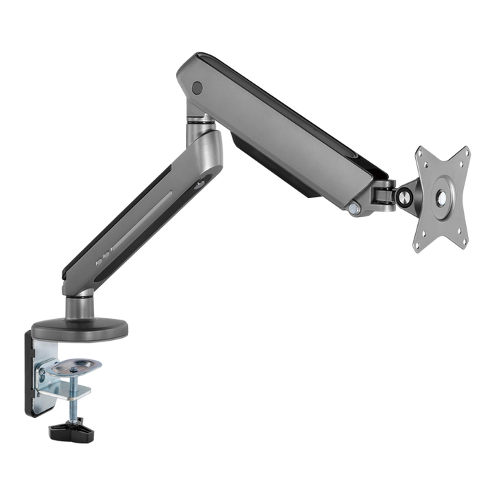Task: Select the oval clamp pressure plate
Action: (x=76, y=366)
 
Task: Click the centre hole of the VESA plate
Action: (x=441, y=199)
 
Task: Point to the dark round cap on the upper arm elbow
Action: (x=197, y=88)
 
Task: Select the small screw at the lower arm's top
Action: (x=200, y=185)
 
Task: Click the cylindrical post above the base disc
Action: (x=78, y=306)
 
